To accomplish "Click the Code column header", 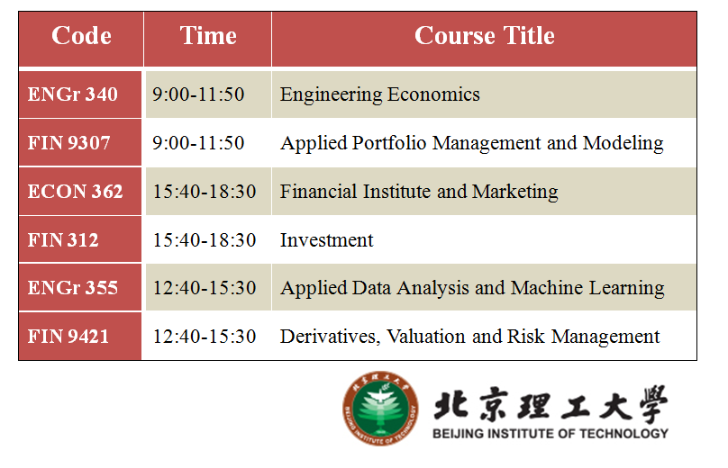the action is pos(81,36).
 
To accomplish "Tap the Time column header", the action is pos(208,36).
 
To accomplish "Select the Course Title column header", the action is pos(484,36).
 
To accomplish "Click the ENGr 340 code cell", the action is pos(73,94).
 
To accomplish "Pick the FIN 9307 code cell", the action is pos(69,143).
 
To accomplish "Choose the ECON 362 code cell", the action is pos(75,192).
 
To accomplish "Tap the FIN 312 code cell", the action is pos(63,240).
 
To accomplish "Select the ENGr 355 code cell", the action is pos(73,288).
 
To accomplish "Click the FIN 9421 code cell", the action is pos(68,337).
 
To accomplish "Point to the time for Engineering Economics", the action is pos(198,94).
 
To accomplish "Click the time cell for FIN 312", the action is pos(205,240).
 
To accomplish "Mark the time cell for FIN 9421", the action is pos(205,337).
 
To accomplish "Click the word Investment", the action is pos(326,240).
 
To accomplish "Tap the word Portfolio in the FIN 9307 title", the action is pos(388,143).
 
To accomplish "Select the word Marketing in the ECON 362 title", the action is pos(514,192).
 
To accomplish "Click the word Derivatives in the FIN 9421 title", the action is pos(330,337).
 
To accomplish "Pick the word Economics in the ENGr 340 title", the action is pos(433,94).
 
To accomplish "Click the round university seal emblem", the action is pos(380,409).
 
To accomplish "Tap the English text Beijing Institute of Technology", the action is pos(551,434).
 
